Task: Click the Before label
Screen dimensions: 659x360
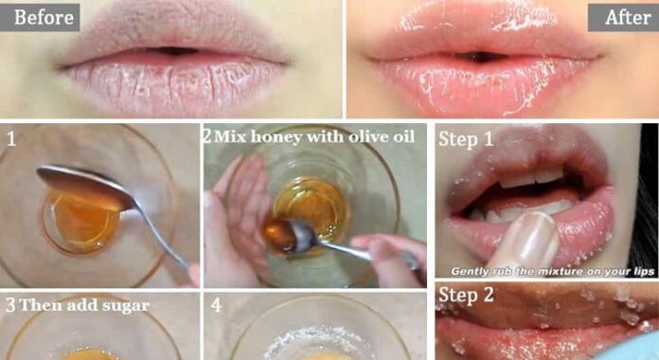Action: click(44, 17)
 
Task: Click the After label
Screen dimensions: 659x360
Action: click(628, 17)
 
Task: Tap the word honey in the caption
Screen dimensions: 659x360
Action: click(276, 137)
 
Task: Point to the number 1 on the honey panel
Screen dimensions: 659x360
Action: click(11, 139)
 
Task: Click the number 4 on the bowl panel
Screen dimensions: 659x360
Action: click(216, 305)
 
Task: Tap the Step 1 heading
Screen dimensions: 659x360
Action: click(466, 139)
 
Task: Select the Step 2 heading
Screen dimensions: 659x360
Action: click(466, 295)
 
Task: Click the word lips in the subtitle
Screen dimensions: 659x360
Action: click(644, 272)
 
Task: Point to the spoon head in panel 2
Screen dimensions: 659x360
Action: click(281, 236)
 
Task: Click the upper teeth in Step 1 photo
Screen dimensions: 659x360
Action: click(531, 176)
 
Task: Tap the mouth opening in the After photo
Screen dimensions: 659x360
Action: click(479, 56)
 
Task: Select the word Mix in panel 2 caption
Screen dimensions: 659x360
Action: click(230, 136)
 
